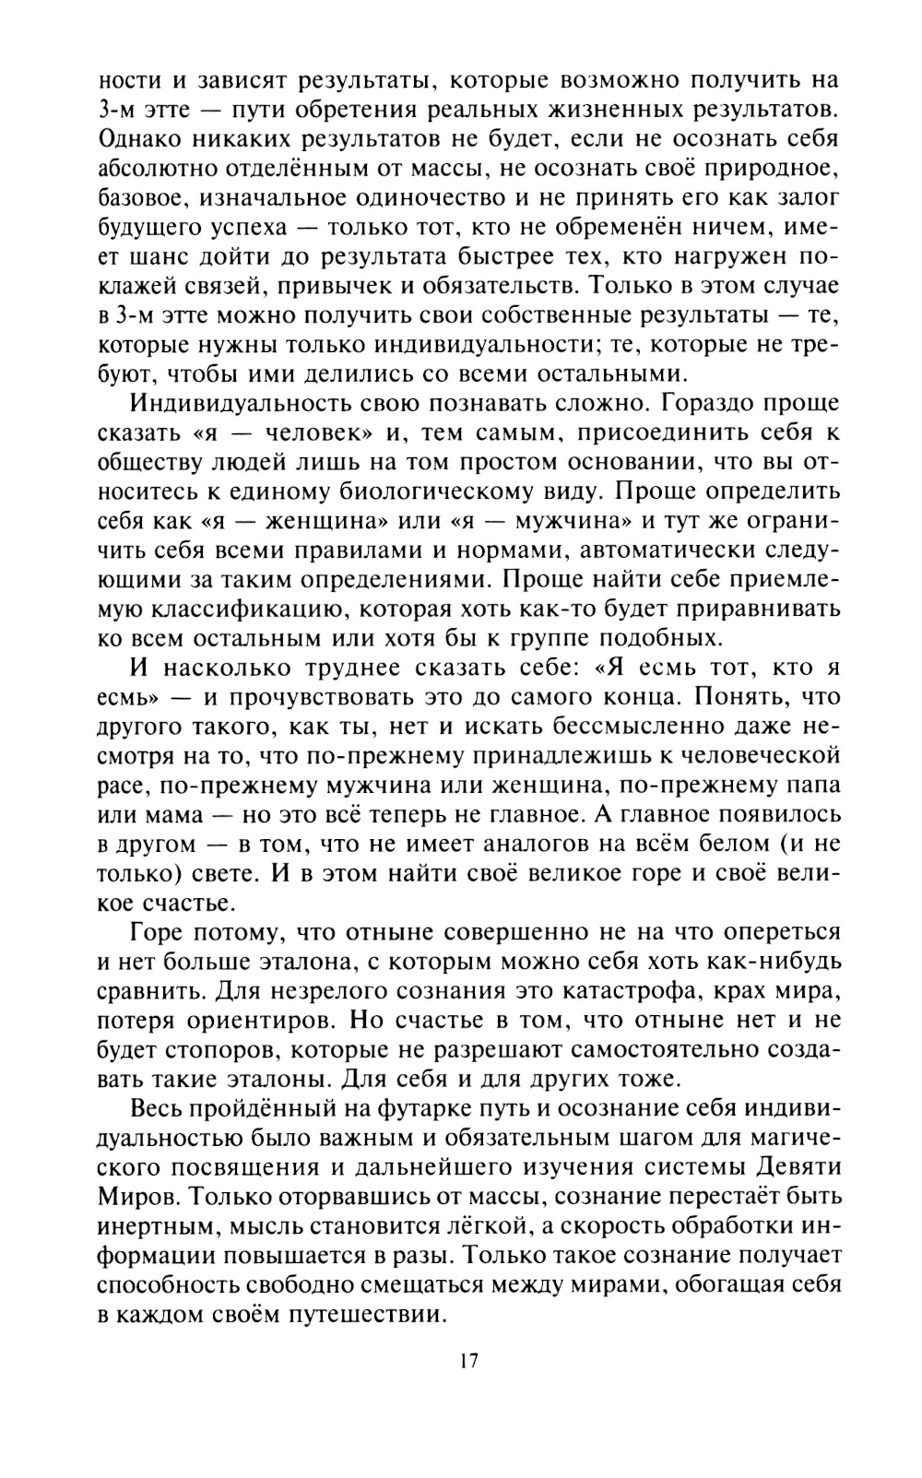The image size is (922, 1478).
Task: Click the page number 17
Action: point(467,1361)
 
